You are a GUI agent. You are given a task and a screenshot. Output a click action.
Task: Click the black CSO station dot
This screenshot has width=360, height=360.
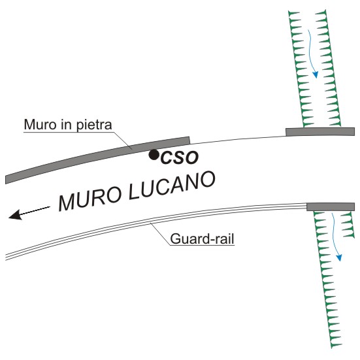point(154,155)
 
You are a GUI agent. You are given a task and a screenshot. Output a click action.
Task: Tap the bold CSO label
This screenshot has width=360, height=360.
point(179,158)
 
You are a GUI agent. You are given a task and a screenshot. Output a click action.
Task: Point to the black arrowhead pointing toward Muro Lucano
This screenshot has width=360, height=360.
point(16,214)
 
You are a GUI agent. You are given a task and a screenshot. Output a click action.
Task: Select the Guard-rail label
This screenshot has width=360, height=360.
point(202,238)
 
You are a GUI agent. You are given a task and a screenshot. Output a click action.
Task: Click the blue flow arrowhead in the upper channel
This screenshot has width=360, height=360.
point(316,74)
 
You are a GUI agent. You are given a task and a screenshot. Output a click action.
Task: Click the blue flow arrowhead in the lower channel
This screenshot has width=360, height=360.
point(339,257)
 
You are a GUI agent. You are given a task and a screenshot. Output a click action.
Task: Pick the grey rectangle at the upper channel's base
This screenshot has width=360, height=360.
point(320,132)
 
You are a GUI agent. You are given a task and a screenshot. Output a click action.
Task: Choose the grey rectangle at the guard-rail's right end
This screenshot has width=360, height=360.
point(331,207)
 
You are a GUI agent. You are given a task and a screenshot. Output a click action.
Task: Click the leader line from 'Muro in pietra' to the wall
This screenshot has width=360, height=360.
point(123,140)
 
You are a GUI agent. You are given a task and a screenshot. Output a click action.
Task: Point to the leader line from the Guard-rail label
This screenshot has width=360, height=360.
point(160,234)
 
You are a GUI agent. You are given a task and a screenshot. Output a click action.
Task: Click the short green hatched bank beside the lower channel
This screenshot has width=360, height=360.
point(347,224)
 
